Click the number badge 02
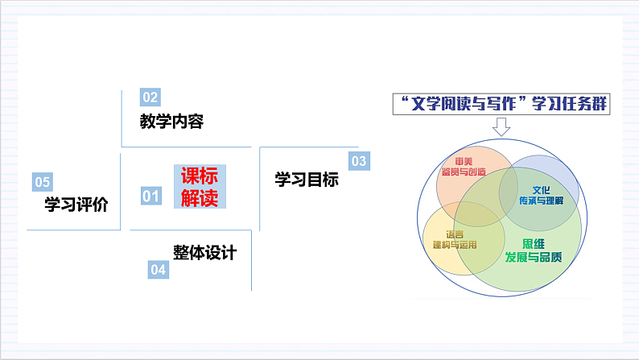point(150,97)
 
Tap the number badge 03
point(358,161)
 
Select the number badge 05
point(42,181)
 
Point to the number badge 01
point(150,195)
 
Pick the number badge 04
point(158,270)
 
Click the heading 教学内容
point(171,122)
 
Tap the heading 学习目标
point(307,180)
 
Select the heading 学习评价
point(76,205)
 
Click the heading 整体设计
point(204,252)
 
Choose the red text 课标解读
point(199,188)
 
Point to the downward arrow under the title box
point(502,127)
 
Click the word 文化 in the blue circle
point(540,189)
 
